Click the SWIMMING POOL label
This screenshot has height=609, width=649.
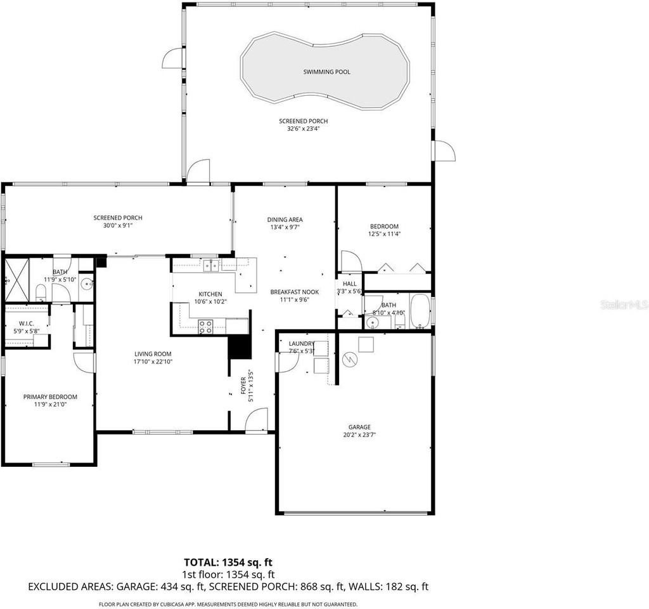(x=326, y=72)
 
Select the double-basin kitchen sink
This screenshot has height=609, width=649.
(x=210, y=266)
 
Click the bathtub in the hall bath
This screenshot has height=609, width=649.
(x=420, y=310)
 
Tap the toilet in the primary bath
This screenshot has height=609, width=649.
(x=40, y=292)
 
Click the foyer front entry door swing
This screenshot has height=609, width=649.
(x=257, y=420)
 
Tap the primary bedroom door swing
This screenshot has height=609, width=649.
(x=84, y=362)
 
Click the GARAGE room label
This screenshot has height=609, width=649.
(x=359, y=427)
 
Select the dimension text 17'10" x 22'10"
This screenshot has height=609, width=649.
(x=153, y=362)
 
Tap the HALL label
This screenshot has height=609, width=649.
(x=350, y=284)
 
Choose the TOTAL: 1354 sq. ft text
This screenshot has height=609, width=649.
(x=228, y=562)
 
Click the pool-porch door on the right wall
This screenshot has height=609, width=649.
(x=444, y=151)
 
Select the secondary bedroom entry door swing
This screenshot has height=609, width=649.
(x=350, y=261)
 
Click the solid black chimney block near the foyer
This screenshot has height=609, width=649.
(x=240, y=348)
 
